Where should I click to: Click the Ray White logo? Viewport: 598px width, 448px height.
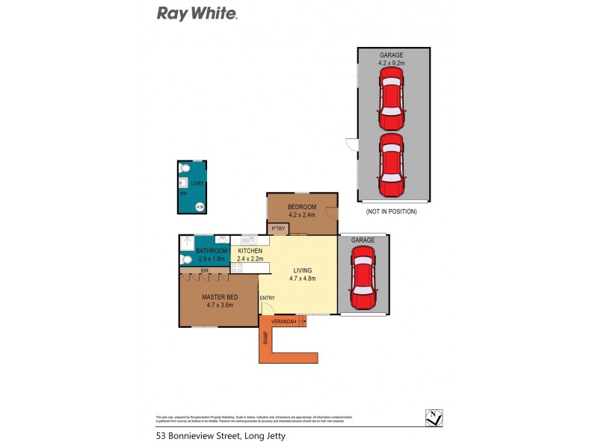pos(197,13)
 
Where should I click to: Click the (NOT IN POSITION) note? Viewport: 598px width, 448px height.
pos(391,211)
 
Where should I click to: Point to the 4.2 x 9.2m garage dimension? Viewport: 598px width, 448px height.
pos(392,63)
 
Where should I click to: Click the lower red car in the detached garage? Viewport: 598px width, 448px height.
pos(391,164)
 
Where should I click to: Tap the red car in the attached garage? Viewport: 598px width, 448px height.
pos(363,279)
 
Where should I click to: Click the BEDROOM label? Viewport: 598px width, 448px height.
pos(302,207)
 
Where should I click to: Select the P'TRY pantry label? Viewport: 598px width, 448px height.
pos(279,228)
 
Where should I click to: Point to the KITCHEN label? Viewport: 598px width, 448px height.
pos(250,251)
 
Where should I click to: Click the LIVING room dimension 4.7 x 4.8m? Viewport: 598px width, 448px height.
pos(303,279)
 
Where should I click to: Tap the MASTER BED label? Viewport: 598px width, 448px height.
pos(218,296)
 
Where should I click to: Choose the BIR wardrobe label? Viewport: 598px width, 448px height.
pos(204,270)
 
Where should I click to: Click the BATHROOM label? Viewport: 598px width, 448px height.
pos(212,251)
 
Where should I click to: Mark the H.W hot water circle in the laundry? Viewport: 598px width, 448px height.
pos(200,207)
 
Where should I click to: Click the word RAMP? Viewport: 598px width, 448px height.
pos(265,337)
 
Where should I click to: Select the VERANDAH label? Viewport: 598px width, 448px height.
pos(283,322)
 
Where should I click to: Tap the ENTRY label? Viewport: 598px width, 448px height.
pos(268,299)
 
